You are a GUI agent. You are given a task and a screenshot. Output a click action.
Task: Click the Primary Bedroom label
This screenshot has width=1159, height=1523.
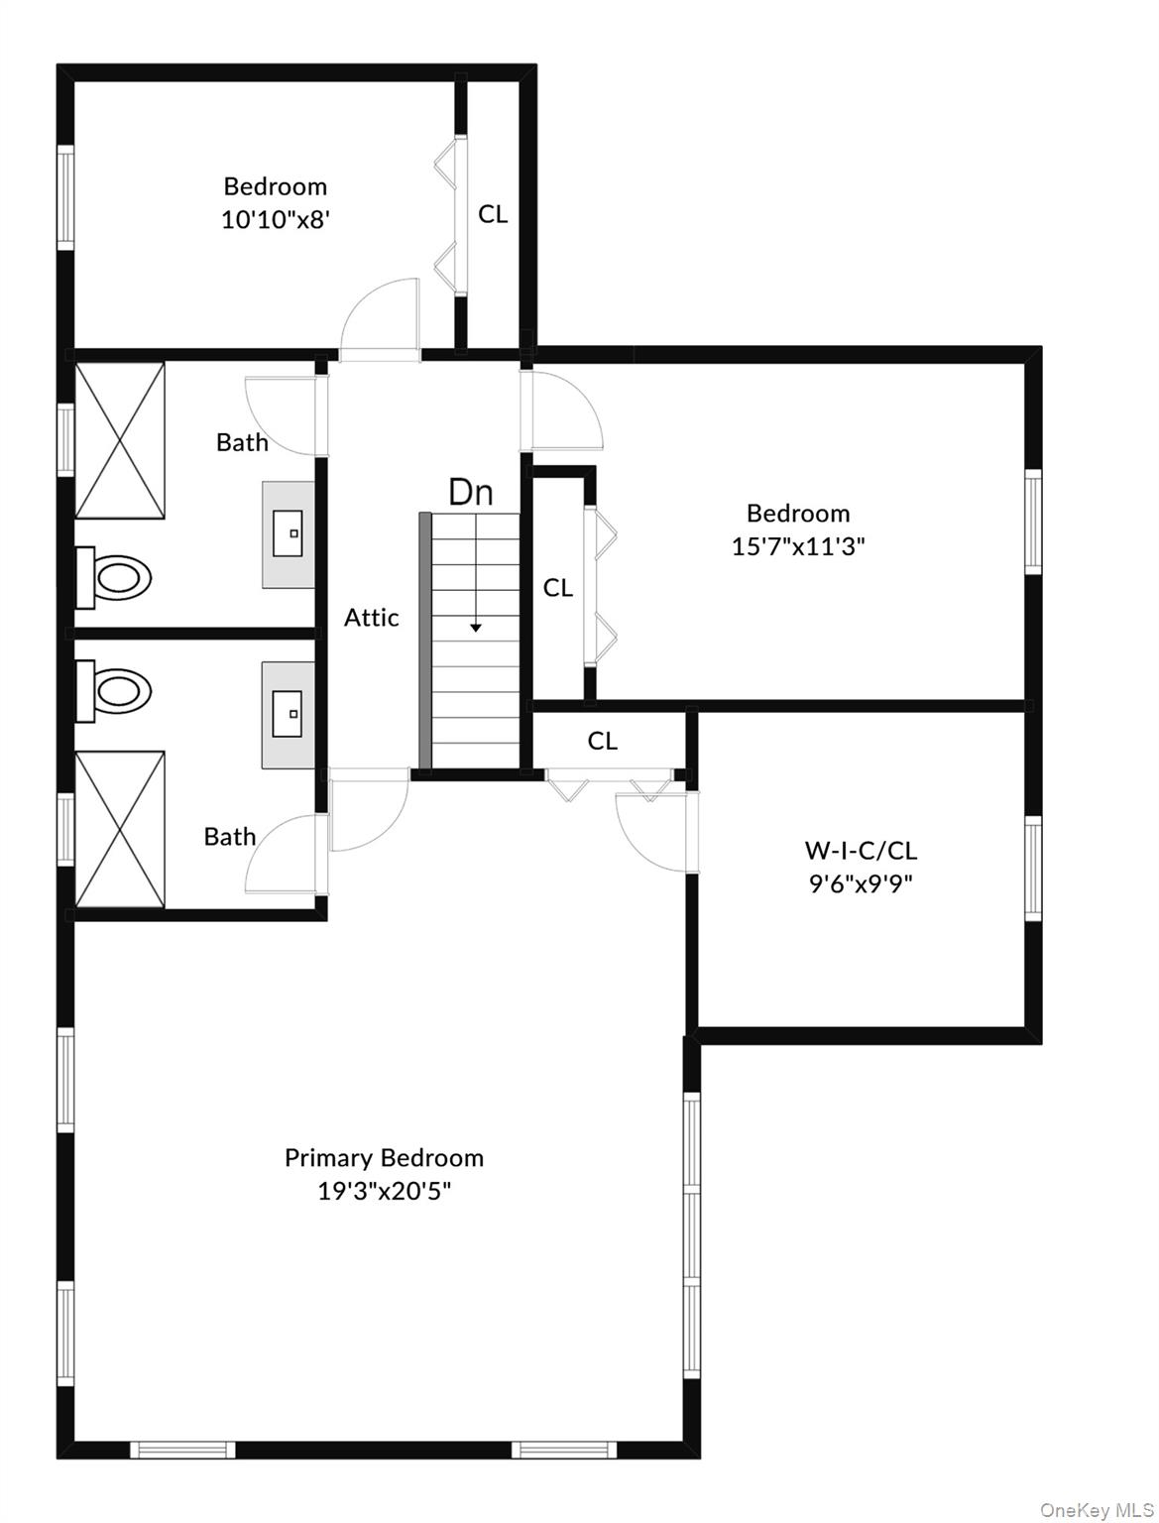click(384, 1158)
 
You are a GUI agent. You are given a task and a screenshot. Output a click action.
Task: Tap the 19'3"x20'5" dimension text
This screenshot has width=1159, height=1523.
click(384, 1192)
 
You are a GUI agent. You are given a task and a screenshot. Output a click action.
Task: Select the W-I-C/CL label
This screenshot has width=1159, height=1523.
click(860, 850)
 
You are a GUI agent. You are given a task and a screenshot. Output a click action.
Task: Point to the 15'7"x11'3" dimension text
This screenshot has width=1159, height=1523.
click(798, 546)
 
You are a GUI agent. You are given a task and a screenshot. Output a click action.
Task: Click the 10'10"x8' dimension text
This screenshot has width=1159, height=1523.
click(275, 220)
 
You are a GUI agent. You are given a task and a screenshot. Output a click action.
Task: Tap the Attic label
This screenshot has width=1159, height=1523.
click(371, 617)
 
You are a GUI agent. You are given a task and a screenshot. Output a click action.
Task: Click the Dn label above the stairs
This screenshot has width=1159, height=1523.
click(471, 492)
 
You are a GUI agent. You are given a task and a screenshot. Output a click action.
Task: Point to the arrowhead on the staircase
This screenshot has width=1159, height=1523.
click(475, 628)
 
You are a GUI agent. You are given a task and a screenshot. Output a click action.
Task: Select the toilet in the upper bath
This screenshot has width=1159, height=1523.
click(113, 577)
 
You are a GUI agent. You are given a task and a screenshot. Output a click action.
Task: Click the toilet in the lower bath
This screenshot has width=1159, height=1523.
click(113, 690)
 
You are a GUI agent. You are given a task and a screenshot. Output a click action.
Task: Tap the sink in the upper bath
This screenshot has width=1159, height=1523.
click(288, 534)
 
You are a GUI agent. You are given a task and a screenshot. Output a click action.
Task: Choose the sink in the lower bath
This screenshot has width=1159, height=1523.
click(288, 715)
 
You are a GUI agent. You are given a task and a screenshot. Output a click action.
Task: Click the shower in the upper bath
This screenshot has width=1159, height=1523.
click(119, 440)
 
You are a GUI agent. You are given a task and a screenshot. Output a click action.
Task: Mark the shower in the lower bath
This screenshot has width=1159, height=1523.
click(119, 829)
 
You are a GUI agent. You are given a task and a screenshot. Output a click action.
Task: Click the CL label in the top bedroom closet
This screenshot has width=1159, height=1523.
click(493, 214)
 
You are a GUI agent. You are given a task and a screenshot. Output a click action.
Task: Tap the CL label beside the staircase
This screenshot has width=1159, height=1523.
click(557, 588)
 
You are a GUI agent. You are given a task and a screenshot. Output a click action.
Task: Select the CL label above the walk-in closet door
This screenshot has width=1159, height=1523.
click(602, 741)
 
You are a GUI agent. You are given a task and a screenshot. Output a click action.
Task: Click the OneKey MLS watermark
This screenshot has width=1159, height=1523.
click(1098, 1510)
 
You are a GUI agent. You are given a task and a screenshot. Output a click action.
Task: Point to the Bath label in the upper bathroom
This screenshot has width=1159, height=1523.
click(242, 442)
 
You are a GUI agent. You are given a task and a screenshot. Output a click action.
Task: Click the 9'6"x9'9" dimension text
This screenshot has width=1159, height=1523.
click(860, 883)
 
